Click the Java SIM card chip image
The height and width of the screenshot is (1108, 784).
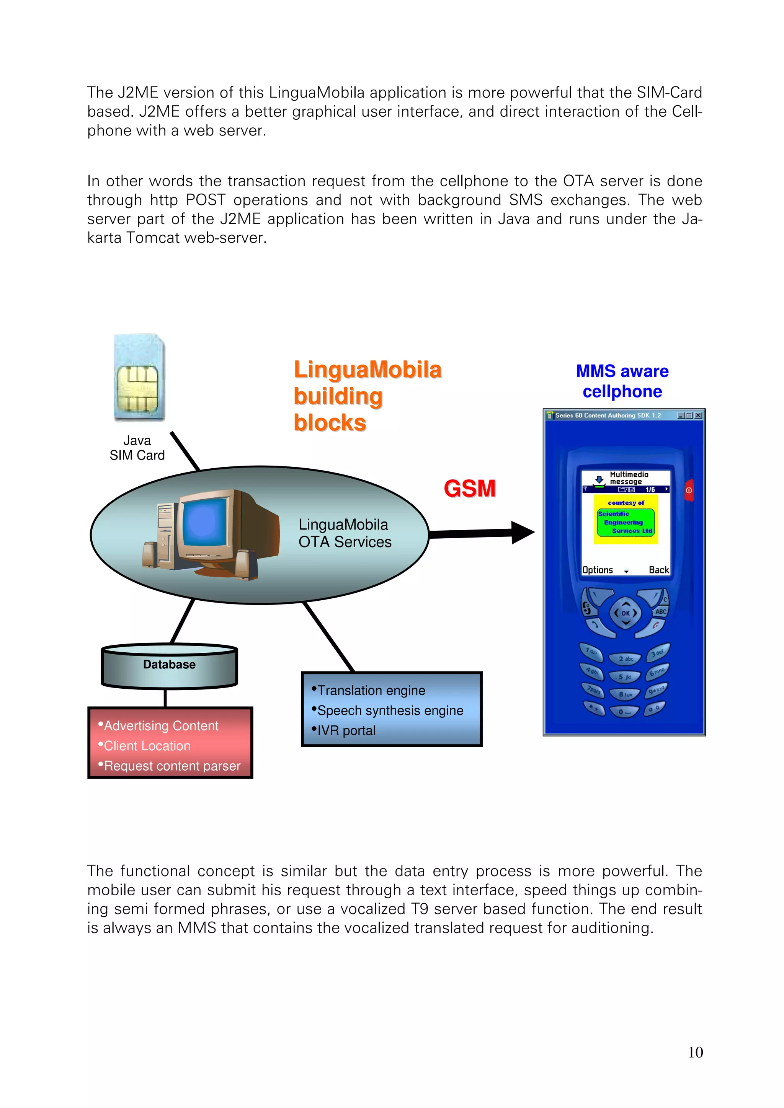[x=139, y=377]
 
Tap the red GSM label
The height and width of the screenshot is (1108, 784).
[x=469, y=488]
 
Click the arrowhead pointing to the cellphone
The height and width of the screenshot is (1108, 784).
[x=522, y=532]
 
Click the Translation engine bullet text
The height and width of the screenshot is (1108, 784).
[x=371, y=691]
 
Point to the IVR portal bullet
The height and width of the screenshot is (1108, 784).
[x=346, y=731]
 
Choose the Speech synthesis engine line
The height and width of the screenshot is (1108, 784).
[x=390, y=710]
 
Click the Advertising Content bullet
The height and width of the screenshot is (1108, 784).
[x=161, y=726]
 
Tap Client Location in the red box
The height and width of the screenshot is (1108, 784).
[x=147, y=746]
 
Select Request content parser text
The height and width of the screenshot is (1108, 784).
[x=172, y=766]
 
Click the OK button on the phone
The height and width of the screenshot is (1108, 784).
[x=626, y=613]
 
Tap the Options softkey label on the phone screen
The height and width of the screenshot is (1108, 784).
[x=598, y=570]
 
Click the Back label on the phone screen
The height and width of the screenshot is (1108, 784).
[x=658, y=570]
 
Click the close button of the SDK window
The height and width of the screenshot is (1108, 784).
[x=698, y=415]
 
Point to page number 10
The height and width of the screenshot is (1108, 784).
[x=695, y=1053]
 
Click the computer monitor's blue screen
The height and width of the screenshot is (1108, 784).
[x=204, y=523]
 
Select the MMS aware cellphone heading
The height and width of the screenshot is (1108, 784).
[x=622, y=381]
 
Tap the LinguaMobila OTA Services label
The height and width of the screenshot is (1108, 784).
[x=345, y=533]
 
